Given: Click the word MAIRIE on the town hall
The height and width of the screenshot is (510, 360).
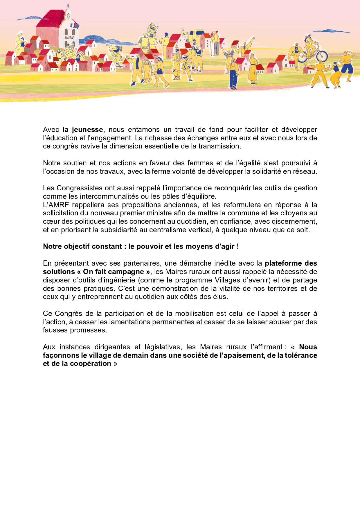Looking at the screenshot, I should tap(69, 38).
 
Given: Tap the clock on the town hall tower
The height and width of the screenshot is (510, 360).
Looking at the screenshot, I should tap(69, 16).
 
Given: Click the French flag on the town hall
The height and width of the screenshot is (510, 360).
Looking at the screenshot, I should tap(73, 26).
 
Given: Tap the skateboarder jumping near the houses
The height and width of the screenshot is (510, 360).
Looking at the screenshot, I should tap(116, 54).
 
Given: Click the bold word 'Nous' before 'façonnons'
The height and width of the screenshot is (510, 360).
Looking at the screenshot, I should tap(308, 347).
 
